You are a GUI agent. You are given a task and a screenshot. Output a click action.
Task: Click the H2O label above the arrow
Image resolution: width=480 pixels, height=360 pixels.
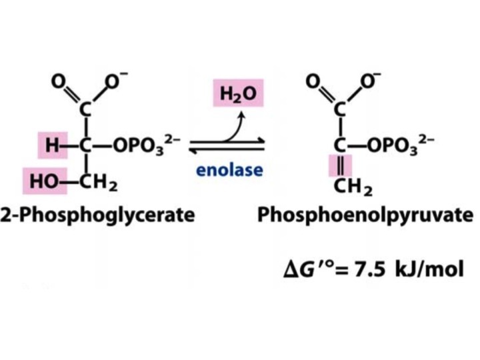(238, 93)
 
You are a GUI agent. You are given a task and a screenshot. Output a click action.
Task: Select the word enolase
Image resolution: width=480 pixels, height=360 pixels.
(229, 170)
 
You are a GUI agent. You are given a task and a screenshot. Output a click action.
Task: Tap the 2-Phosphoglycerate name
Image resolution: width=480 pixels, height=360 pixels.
(97, 215)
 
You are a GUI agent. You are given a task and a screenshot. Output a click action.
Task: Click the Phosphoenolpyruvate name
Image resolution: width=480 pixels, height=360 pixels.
(365, 215)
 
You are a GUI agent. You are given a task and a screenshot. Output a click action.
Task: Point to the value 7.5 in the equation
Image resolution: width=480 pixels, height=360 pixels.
(369, 269)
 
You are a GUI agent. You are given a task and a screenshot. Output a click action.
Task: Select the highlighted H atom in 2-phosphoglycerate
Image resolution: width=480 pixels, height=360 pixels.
(53, 145)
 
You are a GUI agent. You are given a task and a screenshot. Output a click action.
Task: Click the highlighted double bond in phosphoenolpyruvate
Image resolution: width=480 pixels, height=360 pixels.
(341, 166)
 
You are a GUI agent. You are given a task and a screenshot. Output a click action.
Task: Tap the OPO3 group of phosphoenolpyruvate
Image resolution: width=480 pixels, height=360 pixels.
(401, 145)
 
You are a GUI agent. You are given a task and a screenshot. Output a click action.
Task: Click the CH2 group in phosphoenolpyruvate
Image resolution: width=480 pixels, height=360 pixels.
(353, 187)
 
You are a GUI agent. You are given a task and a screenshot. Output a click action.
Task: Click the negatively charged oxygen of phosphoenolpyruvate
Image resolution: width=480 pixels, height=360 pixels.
(369, 80)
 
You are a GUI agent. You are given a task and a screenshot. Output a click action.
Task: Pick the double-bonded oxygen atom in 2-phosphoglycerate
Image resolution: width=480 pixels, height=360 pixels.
(58, 81)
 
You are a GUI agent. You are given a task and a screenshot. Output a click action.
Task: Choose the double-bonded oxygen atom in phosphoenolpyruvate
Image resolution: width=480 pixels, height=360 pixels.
(313, 81)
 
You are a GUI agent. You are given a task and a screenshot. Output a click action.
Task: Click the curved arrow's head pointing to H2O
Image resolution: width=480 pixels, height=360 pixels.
(242, 115)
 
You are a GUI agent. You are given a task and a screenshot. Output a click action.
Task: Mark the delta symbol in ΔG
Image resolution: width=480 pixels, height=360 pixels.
(290, 270)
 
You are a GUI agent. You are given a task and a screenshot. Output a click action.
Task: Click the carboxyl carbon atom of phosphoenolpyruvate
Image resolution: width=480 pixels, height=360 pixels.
(340, 109)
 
